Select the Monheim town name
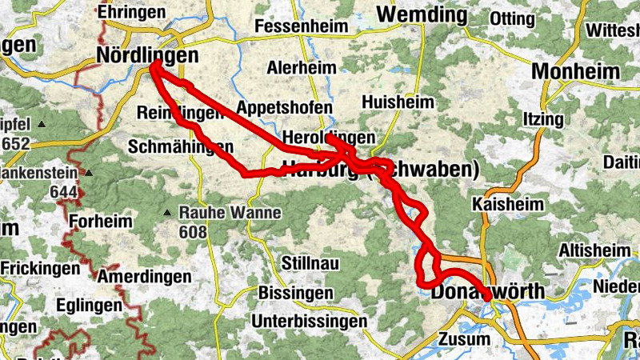click(x=575, y=70)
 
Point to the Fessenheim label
click(x=301, y=26)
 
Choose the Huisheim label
click(x=398, y=102)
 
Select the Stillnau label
click(x=311, y=263)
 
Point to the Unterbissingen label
click(x=309, y=321)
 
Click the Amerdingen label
click(x=145, y=277)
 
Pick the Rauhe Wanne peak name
click(x=230, y=213)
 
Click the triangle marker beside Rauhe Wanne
click(x=167, y=213)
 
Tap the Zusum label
click(x=464, y=338)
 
